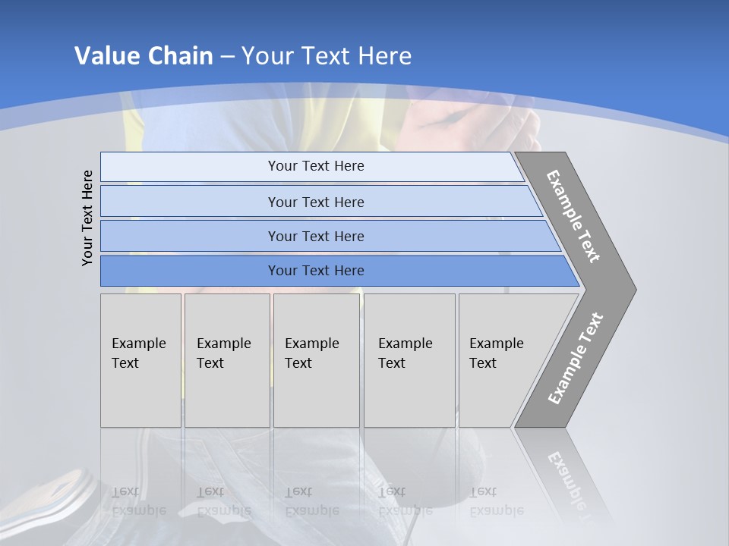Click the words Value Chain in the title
pyautogui.click(x=144, y=56)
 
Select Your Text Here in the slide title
pyautogui.click(x=327, y=56)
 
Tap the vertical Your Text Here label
pyautogui.click(x=87, y=218)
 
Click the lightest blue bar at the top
pyautogui.click(x=311, y=166)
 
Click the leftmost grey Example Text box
pyautogui.click(x=140, y=360)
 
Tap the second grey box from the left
pyautogui.click(x=227, y=360)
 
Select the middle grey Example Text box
pyautogui.click(x=316, y=360)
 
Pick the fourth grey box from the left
pyautogui.click(x=409, y=360)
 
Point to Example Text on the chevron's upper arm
pyautogui.click(x=573, y=216)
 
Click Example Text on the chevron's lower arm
pyautogui.click(x=576, y=359)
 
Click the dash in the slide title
pyautogui.click(x=227, y=56)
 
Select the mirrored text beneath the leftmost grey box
pyautogui.click(x=139, y=500)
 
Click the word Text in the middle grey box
pyautogui.click(x=298, y=363)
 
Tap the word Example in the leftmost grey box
pyautogui.click(x=138, y=344)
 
